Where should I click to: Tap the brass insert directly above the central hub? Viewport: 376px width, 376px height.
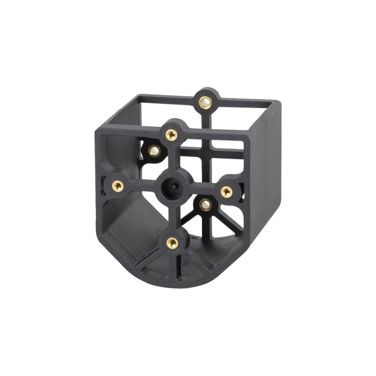point(171,135)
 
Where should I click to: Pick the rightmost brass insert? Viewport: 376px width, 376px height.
point(226,191)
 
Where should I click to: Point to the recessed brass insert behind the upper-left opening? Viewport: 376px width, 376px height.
point(154,150)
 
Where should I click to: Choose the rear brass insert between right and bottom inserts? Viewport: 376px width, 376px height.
point(205,204)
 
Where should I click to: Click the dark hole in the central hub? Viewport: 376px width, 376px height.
point(172,187)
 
